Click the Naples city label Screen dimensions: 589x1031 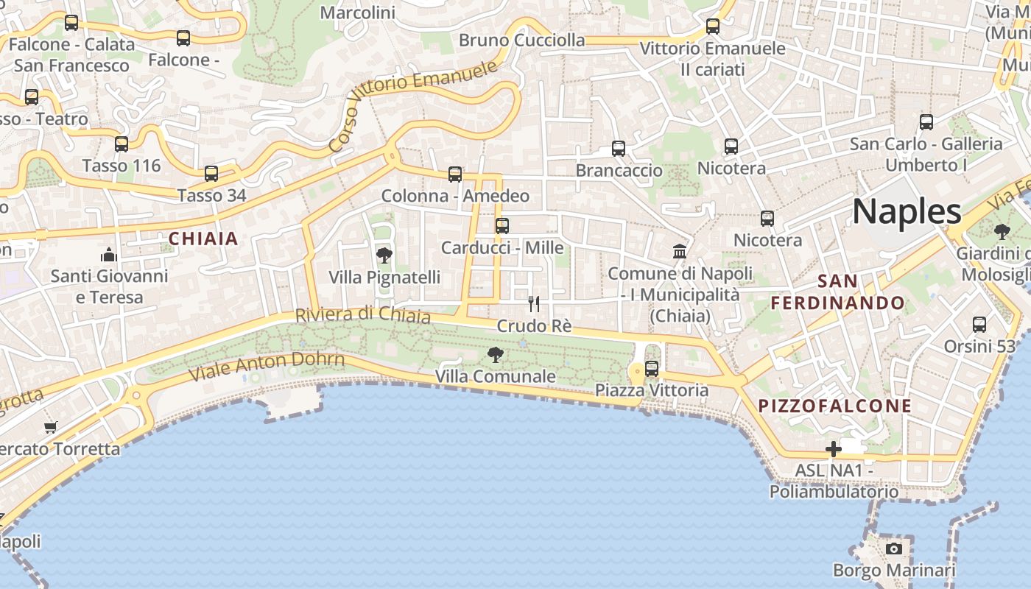point(907,212)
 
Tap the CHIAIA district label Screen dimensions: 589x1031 point(203,239)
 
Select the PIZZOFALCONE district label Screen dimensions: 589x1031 point(835,406)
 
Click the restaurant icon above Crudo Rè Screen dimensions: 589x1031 point(534,303)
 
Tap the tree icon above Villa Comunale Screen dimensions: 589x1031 point(496,355)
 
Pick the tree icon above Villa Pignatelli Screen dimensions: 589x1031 point(384,256)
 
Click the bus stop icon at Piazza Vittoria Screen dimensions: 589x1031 point(652,368)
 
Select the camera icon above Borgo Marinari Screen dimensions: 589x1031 point(893,549)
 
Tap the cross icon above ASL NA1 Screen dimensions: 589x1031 point(834,449)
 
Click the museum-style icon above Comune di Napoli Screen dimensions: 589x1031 point(680,252)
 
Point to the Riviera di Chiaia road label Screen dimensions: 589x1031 point(362,315)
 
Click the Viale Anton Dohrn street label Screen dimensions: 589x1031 point(267,366)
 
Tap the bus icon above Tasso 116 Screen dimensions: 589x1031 point(122,144)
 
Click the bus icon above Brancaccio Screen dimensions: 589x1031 point(619,149)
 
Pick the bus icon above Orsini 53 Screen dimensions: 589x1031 point(979,324)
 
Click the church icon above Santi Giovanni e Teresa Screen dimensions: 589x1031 point(109,255)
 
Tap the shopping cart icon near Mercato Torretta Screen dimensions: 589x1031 point(51,427)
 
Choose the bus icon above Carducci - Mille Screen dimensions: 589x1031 point(502,226)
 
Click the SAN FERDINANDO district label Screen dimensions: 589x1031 point(837,292)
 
